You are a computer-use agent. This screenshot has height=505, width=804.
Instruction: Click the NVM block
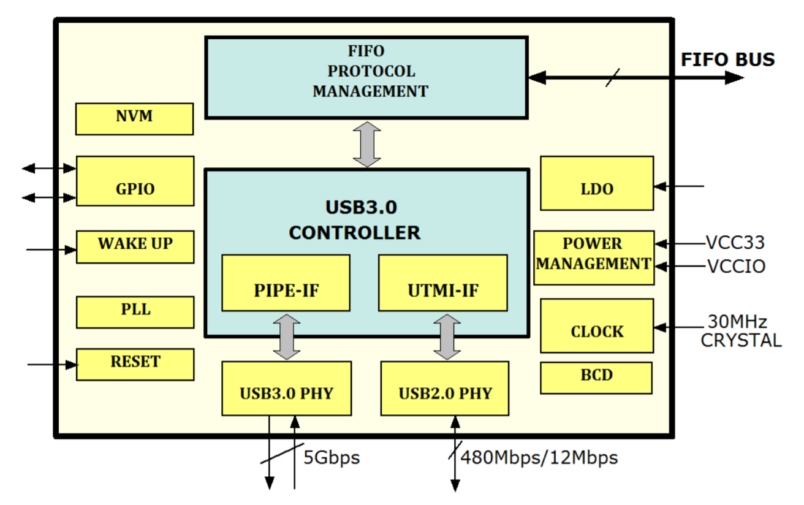134,118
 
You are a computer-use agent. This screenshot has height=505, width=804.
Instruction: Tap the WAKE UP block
135,246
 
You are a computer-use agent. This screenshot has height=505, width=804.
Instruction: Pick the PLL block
135,312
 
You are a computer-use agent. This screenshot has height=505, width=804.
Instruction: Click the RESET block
135,364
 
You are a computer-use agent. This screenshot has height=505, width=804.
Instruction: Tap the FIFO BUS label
728,59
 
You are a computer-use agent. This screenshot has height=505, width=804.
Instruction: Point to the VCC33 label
735,243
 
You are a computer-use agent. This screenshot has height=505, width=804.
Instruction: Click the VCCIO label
736,267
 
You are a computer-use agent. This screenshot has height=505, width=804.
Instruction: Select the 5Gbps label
332,457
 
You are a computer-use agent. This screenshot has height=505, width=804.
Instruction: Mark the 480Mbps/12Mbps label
539,457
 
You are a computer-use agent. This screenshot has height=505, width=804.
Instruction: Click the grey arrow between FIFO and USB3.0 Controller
366,144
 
